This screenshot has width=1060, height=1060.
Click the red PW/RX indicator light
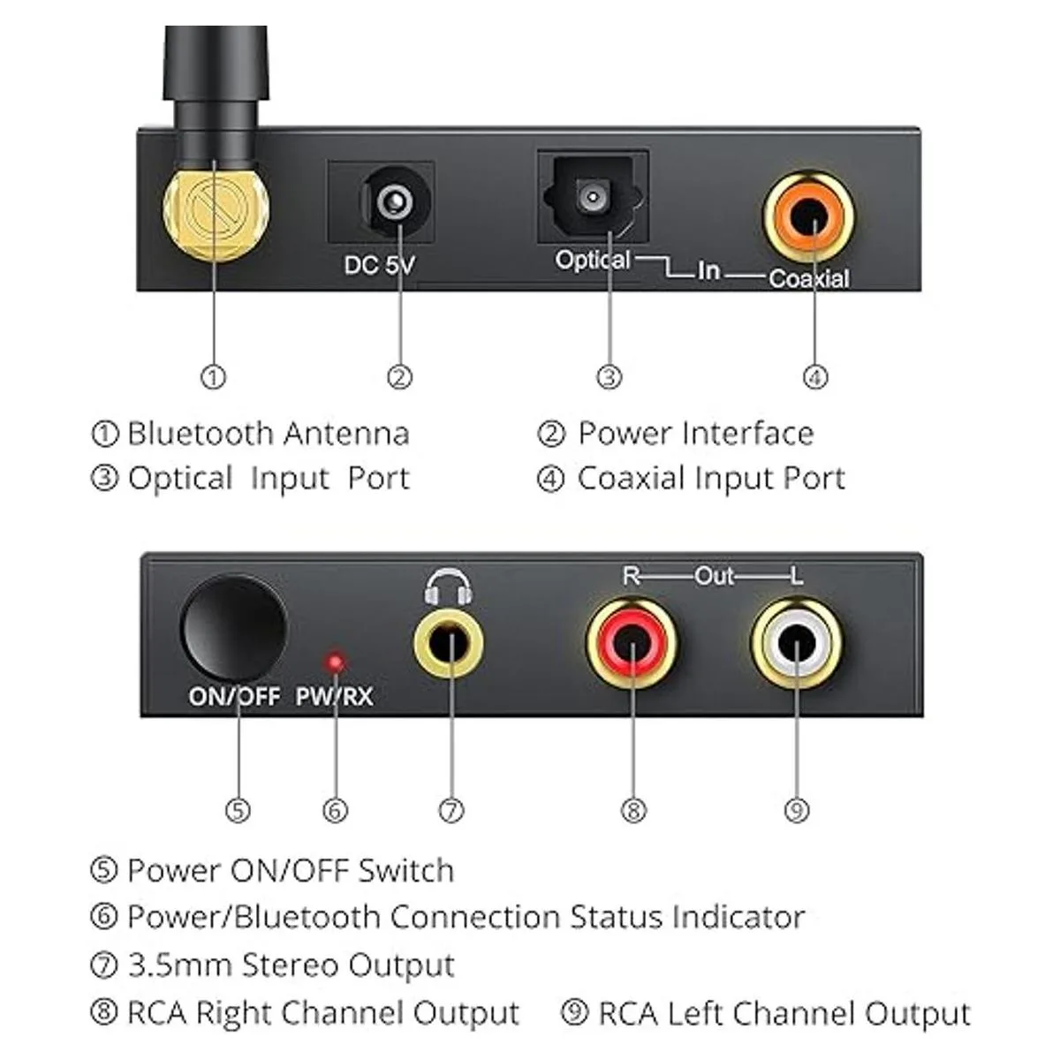coord(336,662)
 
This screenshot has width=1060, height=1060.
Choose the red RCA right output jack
coord(632,642)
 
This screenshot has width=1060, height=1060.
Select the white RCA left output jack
coord(796,642)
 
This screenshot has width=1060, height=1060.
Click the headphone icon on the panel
coord(449,587)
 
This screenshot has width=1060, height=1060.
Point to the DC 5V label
coord(379,265)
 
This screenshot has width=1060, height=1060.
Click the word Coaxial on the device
coord(808,279)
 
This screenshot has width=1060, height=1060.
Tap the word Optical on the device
coord(593,261)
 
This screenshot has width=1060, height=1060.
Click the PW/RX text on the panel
coord(334,697)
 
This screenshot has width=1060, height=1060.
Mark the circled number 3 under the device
coord(609,377)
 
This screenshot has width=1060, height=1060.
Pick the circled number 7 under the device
coord(451,810)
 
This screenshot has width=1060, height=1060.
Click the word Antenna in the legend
coord(346,434)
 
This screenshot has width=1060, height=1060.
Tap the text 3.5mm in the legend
coord(180,965)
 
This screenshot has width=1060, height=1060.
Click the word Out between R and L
coord(714,577)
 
